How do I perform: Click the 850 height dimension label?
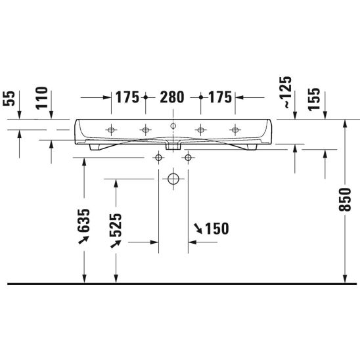(345, 199)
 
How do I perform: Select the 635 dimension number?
(83, 221)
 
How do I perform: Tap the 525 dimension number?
(116, 225)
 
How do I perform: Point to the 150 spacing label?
(217, 229)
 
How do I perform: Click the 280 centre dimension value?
(172, 97)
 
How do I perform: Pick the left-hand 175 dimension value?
(127, 97)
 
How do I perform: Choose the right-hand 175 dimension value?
(220, 97)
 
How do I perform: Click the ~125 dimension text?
(288, 92)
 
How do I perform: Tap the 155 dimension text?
(314, 99)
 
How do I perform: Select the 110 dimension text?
(41, 98)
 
